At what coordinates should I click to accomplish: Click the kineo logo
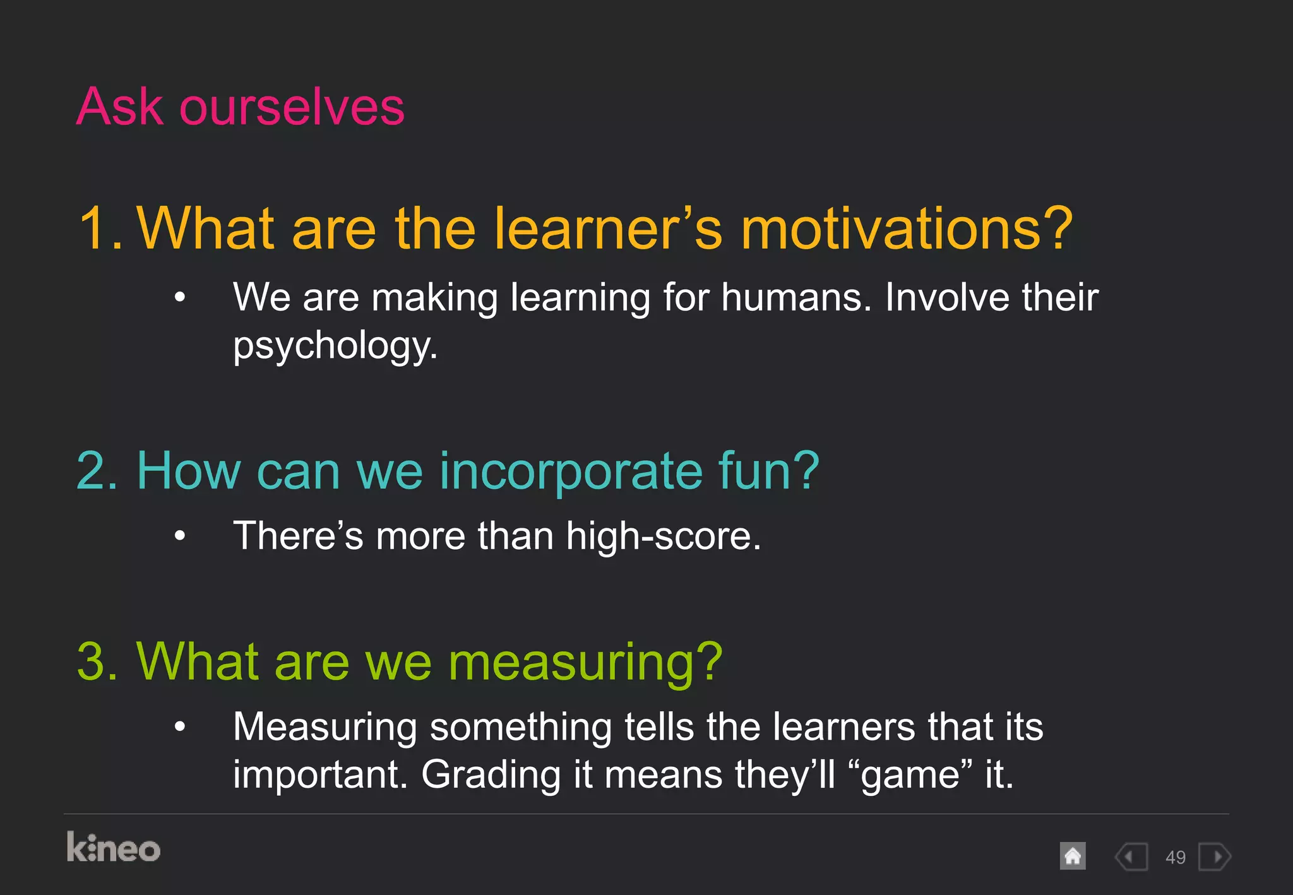click(114, 848)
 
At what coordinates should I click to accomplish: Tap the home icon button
click(1073, 856)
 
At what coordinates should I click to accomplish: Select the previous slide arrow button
click(1131, 857)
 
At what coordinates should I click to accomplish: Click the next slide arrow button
click(1215, 857)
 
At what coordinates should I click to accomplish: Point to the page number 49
click(1175, 858)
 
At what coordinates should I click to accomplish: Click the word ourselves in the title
click(292, 107)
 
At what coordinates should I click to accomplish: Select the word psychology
click(335, 346)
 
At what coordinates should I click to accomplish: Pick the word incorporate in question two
click(571, 471)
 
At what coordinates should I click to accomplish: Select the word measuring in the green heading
click(585, 663)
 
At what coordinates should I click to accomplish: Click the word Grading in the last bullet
click(491, 775)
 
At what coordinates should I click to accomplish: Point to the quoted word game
click(910, 775)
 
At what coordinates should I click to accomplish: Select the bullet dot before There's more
click(181, 536)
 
